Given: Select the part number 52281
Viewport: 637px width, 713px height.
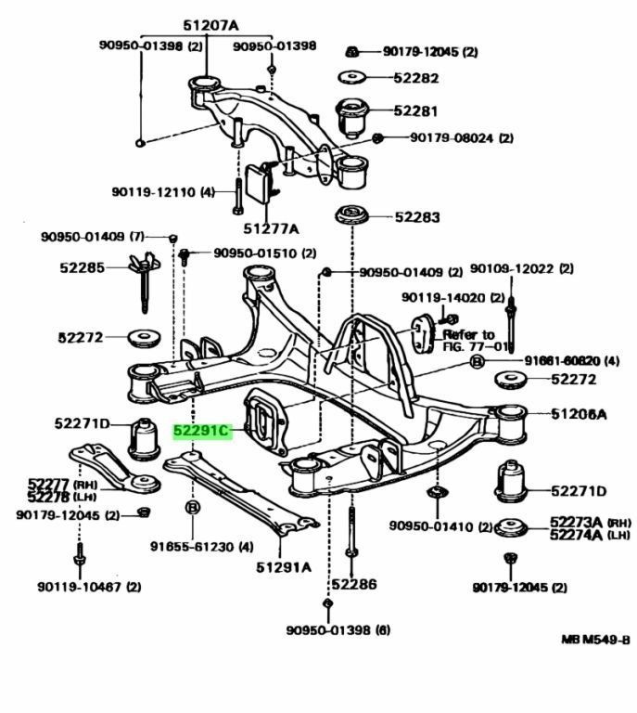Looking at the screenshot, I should coord(414,110).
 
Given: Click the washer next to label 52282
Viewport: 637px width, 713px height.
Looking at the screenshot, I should coord(351,78).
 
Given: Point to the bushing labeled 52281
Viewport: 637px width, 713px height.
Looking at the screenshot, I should coord(352,114).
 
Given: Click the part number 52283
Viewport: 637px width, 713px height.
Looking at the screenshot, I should coord(416,218).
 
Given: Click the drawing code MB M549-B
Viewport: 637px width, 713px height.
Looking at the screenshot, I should coord(594,640).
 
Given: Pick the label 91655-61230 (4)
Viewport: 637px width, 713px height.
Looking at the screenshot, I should coord(201,546).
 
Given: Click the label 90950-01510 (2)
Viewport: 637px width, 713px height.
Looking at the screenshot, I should coord(264,253).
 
